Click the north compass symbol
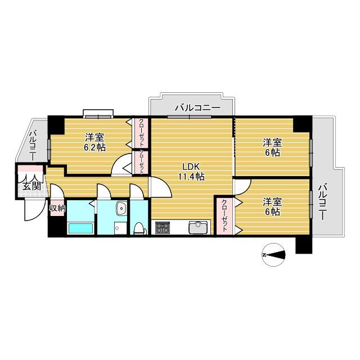tap(274, 255)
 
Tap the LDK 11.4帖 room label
tap(191, 171)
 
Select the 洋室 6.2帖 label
tap(95, 142)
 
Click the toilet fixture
tap(140, 228)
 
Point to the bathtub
tap(81, 228)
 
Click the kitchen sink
tap(198, 227)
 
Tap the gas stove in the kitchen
tap(163, 227)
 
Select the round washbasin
tap(121, 209)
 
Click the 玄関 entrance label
tap(32, 186)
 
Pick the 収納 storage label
tap(57, 209)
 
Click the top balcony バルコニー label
tap(197, 107)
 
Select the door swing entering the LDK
tap(160, 187)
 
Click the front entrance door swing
tap(34, 209)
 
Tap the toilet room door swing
tap(137, 191)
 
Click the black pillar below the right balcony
tap(304, 245)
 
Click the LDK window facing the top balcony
tap(189, 117)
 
